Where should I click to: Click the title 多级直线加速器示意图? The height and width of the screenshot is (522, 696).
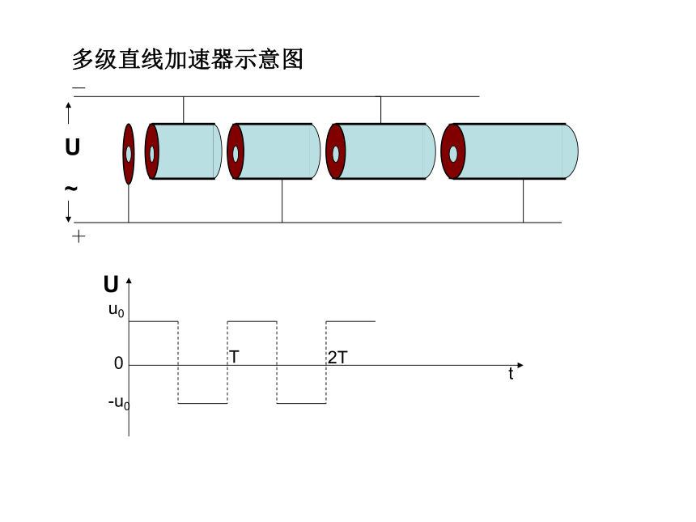187,59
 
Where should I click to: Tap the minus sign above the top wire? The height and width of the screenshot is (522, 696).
79,87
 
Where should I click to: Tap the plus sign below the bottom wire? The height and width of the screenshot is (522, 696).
79,236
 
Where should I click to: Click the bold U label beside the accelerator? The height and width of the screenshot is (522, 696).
72,147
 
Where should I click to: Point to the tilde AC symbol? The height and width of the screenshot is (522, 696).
71,189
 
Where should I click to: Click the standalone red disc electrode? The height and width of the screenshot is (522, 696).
129,154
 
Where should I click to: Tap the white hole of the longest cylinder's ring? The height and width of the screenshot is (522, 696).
453,154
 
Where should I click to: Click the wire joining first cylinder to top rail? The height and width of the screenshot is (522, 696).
184,110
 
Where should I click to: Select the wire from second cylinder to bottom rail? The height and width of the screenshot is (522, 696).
282,201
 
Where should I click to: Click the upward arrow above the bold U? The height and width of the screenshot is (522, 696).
68,112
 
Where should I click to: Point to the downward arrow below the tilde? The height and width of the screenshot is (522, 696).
68,211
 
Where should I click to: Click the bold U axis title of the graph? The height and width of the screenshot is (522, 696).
111,284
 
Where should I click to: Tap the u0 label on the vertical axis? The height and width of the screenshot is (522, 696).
117,310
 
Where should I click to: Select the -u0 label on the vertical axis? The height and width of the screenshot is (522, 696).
119,402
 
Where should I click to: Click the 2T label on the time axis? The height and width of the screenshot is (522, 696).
337,358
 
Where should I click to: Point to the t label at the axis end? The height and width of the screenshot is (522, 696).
511,373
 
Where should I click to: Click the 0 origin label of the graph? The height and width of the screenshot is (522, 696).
118,363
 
